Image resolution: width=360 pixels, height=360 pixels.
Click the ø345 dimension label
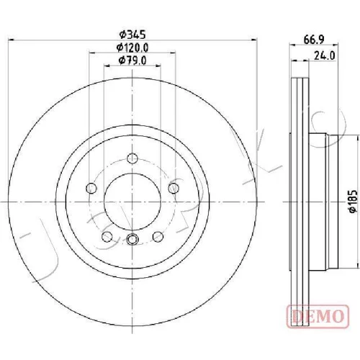[x=132, y=35]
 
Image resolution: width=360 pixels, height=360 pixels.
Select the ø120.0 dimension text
[x=132, y=48]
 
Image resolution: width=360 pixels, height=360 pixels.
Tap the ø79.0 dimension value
[x=132, y=60]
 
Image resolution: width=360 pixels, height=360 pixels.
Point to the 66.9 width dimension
[x=314, y=40]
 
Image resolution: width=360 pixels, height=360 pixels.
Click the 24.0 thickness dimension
[x=325, y=56]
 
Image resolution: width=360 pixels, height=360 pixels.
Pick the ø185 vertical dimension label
[x=353, y=201]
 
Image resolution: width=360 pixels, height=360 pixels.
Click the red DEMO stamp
[x=318, y=315]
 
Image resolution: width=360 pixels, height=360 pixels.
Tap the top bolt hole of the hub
[x=132, y=158]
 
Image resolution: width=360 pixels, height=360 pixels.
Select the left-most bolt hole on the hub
[x=91, y=188]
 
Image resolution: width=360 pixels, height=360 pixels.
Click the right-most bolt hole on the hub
[x=174, y=188]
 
